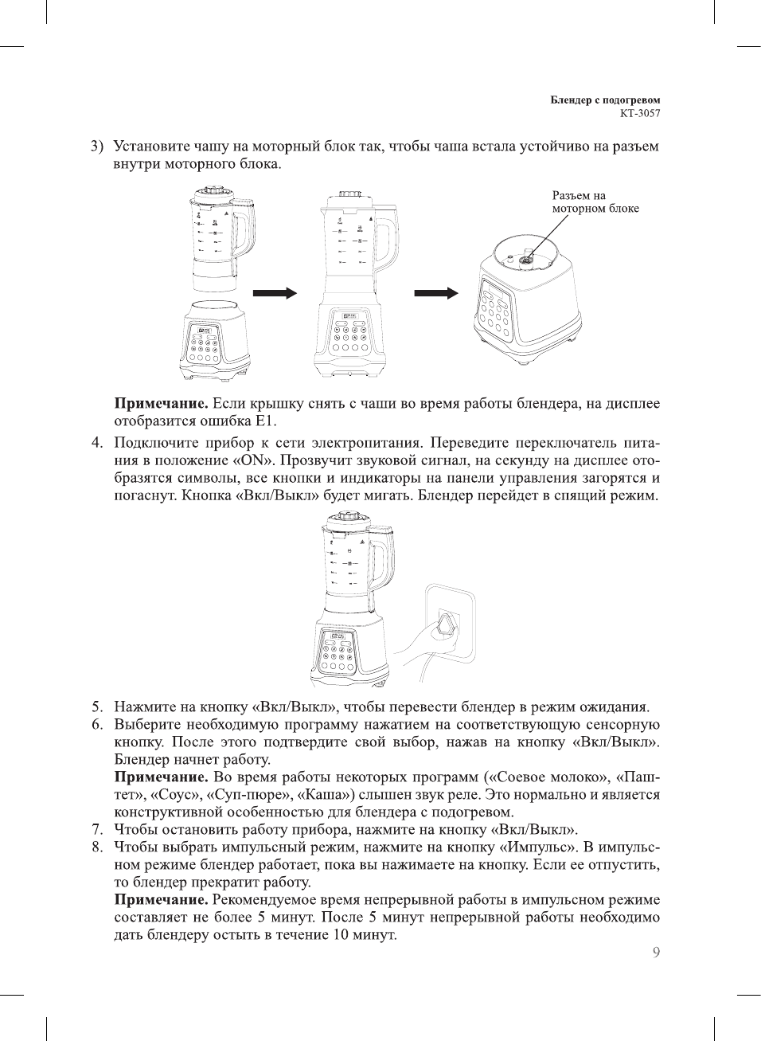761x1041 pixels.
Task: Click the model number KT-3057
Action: click(x=639, y=113)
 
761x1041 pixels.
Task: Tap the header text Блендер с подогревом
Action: click(x=605, y=100)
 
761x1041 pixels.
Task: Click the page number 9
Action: click(x=656, y=953)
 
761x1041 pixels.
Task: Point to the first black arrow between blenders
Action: click(x=275, y=293)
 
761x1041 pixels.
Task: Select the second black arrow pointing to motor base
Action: click(x=436, y=293)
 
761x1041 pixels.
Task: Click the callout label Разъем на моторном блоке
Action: click(x=595, y=202)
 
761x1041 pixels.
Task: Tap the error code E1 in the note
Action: click(x=264, y=421)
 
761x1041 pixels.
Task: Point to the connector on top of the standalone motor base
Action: click(x=526, y=256)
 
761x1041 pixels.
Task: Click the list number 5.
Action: click(x=97, y=706)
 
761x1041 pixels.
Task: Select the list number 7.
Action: click(x=97, y=829)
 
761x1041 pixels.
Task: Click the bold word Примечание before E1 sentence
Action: click(x=162, y=404)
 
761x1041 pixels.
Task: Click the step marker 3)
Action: click(x=96, y=147)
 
